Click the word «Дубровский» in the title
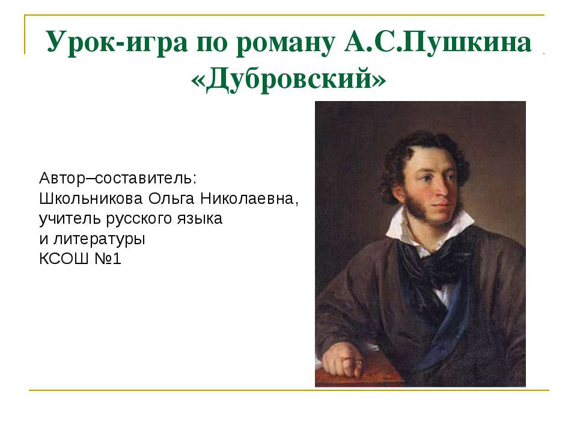click(x=288, y=79)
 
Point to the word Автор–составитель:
click(x=118, y=179)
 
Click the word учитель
click(x=66, y=218)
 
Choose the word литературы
click(x=100, y=239)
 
